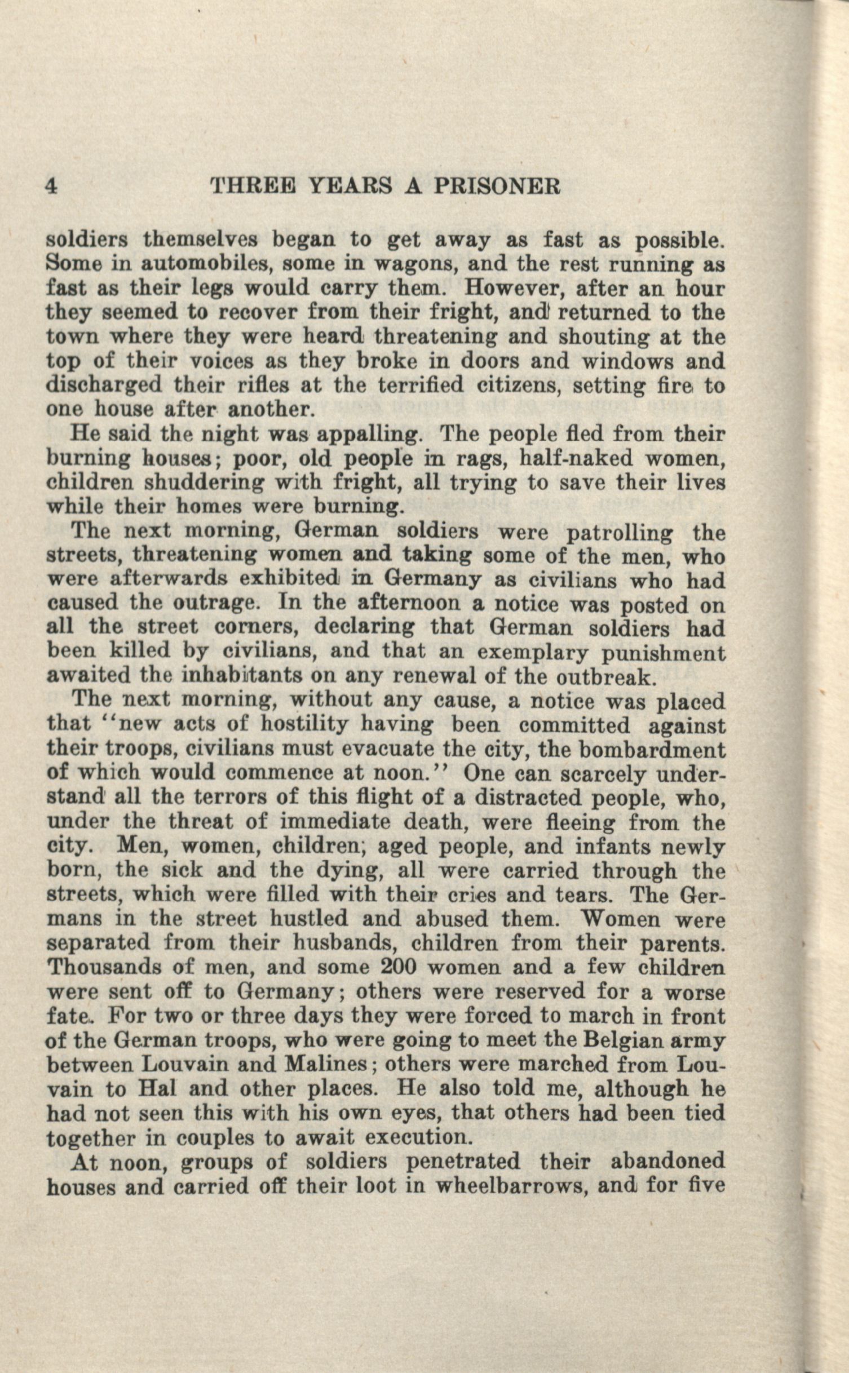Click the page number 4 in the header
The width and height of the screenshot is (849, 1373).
[51, 185]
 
